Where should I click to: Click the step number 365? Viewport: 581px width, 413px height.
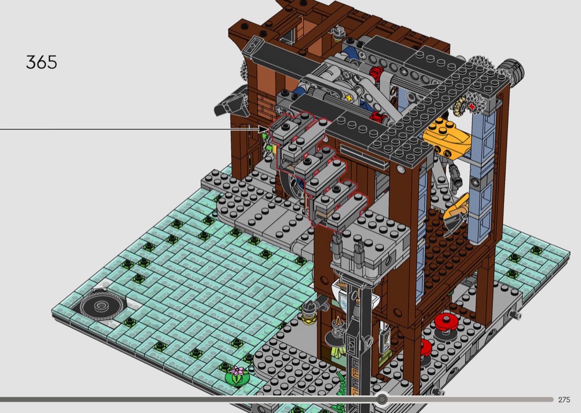tap(41, 62)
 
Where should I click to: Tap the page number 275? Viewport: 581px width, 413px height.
tap(564, 399)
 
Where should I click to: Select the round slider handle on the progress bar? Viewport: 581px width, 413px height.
tap(382, 399)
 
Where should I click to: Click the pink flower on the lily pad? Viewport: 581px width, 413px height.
tap(237, 371)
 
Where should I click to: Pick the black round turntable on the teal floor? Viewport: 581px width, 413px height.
tap(101, 306)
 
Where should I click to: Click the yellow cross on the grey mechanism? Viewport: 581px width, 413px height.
tap(348, 98)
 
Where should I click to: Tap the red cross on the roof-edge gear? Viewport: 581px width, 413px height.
tap(471, 106)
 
